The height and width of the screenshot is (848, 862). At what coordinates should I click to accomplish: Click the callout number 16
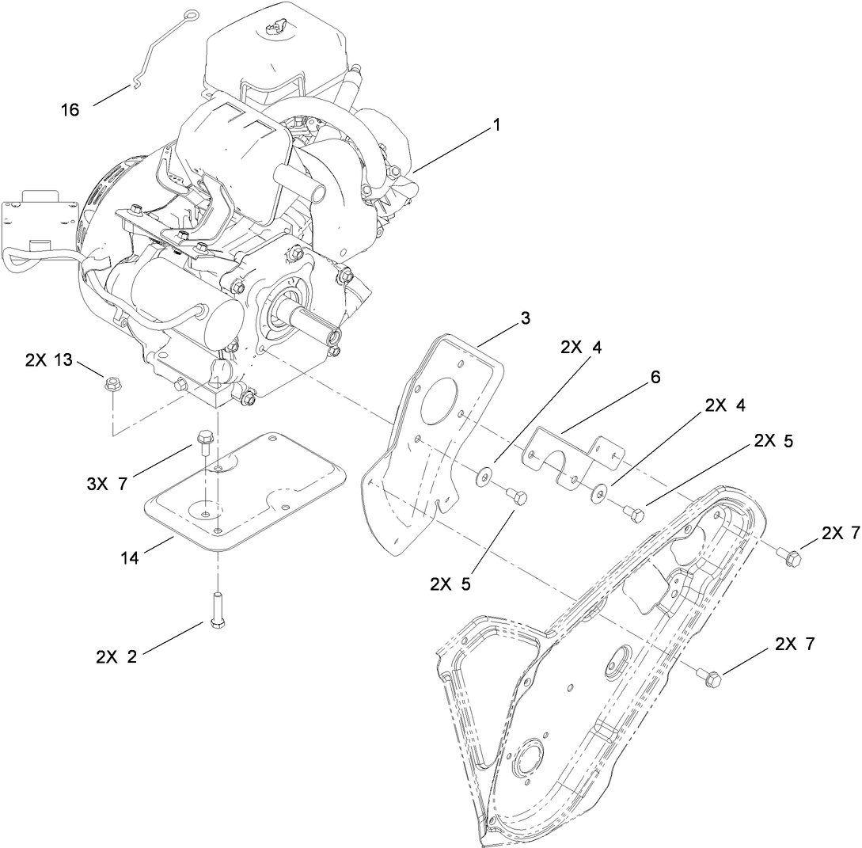click(70, 110)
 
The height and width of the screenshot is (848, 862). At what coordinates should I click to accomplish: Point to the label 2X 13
click(49, 360)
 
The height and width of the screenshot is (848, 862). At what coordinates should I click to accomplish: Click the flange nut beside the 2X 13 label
click(112, 386)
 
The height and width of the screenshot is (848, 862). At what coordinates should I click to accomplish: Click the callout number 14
click(129, 558)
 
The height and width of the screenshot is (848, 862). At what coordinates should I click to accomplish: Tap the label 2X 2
click(116, 656)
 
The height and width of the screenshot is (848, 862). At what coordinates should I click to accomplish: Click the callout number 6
click(655, 377)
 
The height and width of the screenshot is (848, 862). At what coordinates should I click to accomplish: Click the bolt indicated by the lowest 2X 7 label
click(708, 676)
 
